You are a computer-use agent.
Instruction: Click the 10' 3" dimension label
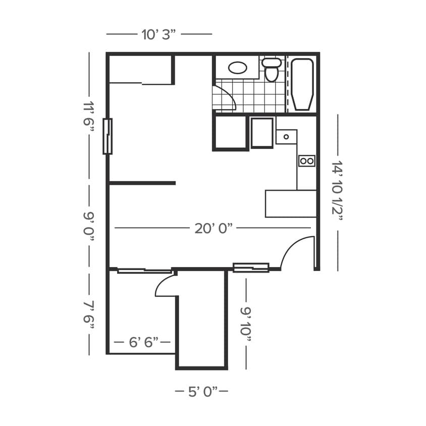point(158,34)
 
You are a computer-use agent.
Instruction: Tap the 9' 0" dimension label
point(89,226)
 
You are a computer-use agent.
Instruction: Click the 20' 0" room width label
point(213,228)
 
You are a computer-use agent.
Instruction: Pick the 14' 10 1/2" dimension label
point(337,188)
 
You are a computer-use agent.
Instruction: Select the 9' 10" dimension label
point(246,324)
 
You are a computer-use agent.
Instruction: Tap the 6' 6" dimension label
point(143,343)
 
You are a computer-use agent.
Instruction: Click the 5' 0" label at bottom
point(202,391)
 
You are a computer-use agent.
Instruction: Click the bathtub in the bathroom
point(302,84)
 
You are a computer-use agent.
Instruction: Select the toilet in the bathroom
point(272,70)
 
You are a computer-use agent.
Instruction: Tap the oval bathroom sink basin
point(237,68)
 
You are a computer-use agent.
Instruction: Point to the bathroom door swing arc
point(224,98)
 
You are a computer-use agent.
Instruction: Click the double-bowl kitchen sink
point(306,161)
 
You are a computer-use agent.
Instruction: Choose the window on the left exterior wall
point(108,136)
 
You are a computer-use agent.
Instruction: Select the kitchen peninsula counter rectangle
point(291,203)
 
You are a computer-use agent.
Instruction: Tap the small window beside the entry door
point(250,268)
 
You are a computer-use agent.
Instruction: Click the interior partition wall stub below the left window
point(142,183)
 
